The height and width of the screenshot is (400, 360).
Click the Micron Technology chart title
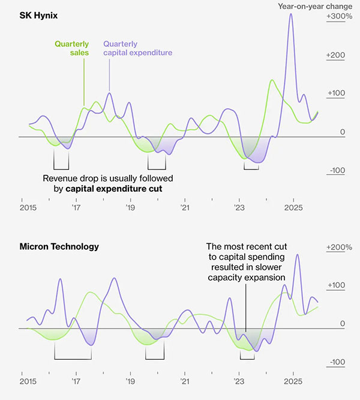tap(59, 246)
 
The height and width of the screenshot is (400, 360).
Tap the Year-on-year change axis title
tap(314, 6)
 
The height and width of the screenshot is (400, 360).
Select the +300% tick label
tap(339, 17)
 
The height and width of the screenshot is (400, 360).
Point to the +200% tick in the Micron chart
tap(339, 247)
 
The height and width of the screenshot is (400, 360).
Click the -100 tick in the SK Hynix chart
tap(338, 171)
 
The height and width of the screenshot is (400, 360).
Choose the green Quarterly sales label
tap(71, 48)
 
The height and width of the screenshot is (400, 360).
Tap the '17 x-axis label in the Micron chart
tap(76, 381)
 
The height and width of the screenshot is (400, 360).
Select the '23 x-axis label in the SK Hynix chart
tap(239, 208)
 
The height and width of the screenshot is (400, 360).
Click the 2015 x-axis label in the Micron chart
tap(28, 381)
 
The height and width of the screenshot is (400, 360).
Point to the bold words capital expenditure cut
tap(114, 189)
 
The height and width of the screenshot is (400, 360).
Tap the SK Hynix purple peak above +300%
tap(291, 14)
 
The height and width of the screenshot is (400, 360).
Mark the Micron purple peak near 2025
tap(298, 255)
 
